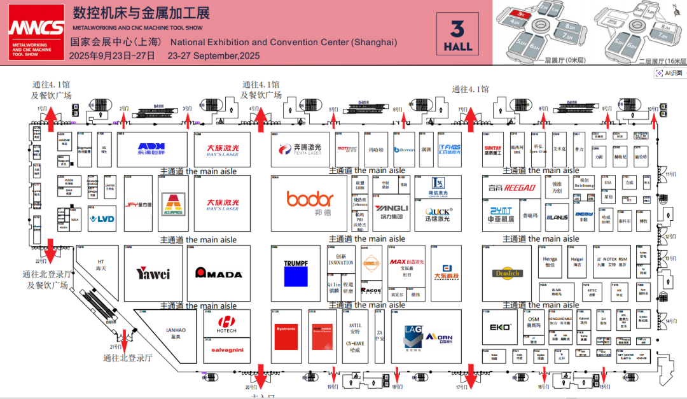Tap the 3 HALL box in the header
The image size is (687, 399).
coord(457,33)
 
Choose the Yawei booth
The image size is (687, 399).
coord(153,274)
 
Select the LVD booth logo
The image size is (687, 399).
coord(102,219)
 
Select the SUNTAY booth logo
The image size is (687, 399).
coord(493,150)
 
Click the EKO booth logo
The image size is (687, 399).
coord(496,328)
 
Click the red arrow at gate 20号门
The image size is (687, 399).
coord(260,377)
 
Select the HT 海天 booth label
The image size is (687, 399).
coord(101,265)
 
